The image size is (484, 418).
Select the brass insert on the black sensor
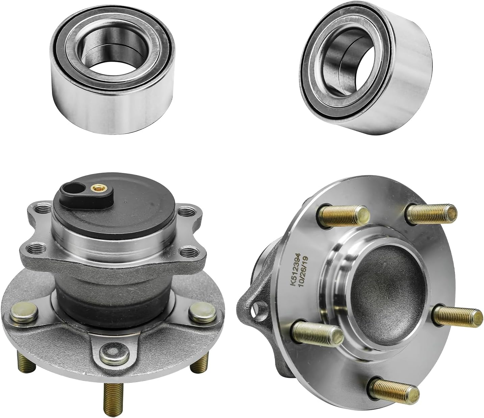pos(95,187)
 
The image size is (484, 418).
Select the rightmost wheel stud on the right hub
pos(458,315)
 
